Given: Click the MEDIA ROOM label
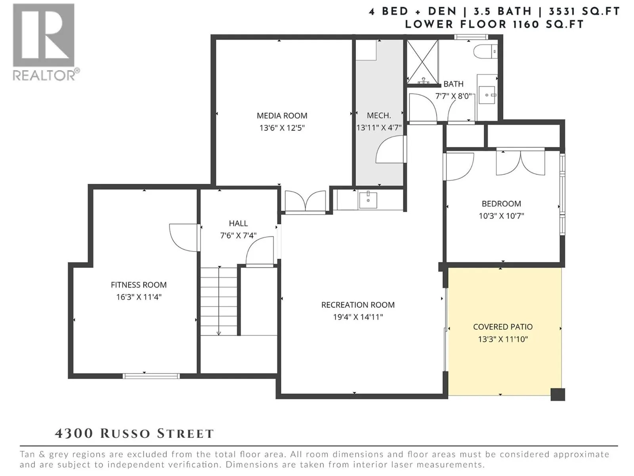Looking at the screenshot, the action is tap(282, 116).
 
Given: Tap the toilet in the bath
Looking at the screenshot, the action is tap(485, 52).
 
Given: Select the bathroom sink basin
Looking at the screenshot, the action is tap(487, 95).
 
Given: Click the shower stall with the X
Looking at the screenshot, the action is tap(422, 61).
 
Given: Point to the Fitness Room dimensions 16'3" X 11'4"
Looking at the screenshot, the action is tap(139, 297).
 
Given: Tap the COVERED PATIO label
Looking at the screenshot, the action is tap(502, 327).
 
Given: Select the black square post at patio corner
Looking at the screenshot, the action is tap(558, 395).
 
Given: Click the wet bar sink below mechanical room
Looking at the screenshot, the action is tap(368, 200).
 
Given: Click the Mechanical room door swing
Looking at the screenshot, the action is tap(391, 149).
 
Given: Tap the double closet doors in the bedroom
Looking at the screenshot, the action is tap(521, 163).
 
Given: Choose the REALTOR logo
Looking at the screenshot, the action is tap(45, 42).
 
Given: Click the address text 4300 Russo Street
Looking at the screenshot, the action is tap(134, 434).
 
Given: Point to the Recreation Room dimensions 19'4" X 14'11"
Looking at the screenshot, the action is tap(358, 317).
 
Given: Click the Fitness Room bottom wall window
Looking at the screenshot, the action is tap(151, 376).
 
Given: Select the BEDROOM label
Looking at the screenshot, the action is tap(501, 204).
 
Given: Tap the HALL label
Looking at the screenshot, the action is tap(238, 223).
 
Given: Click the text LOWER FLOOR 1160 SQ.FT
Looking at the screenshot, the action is tap(495, 25).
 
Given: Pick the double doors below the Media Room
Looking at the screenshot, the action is tap(305, 202).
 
